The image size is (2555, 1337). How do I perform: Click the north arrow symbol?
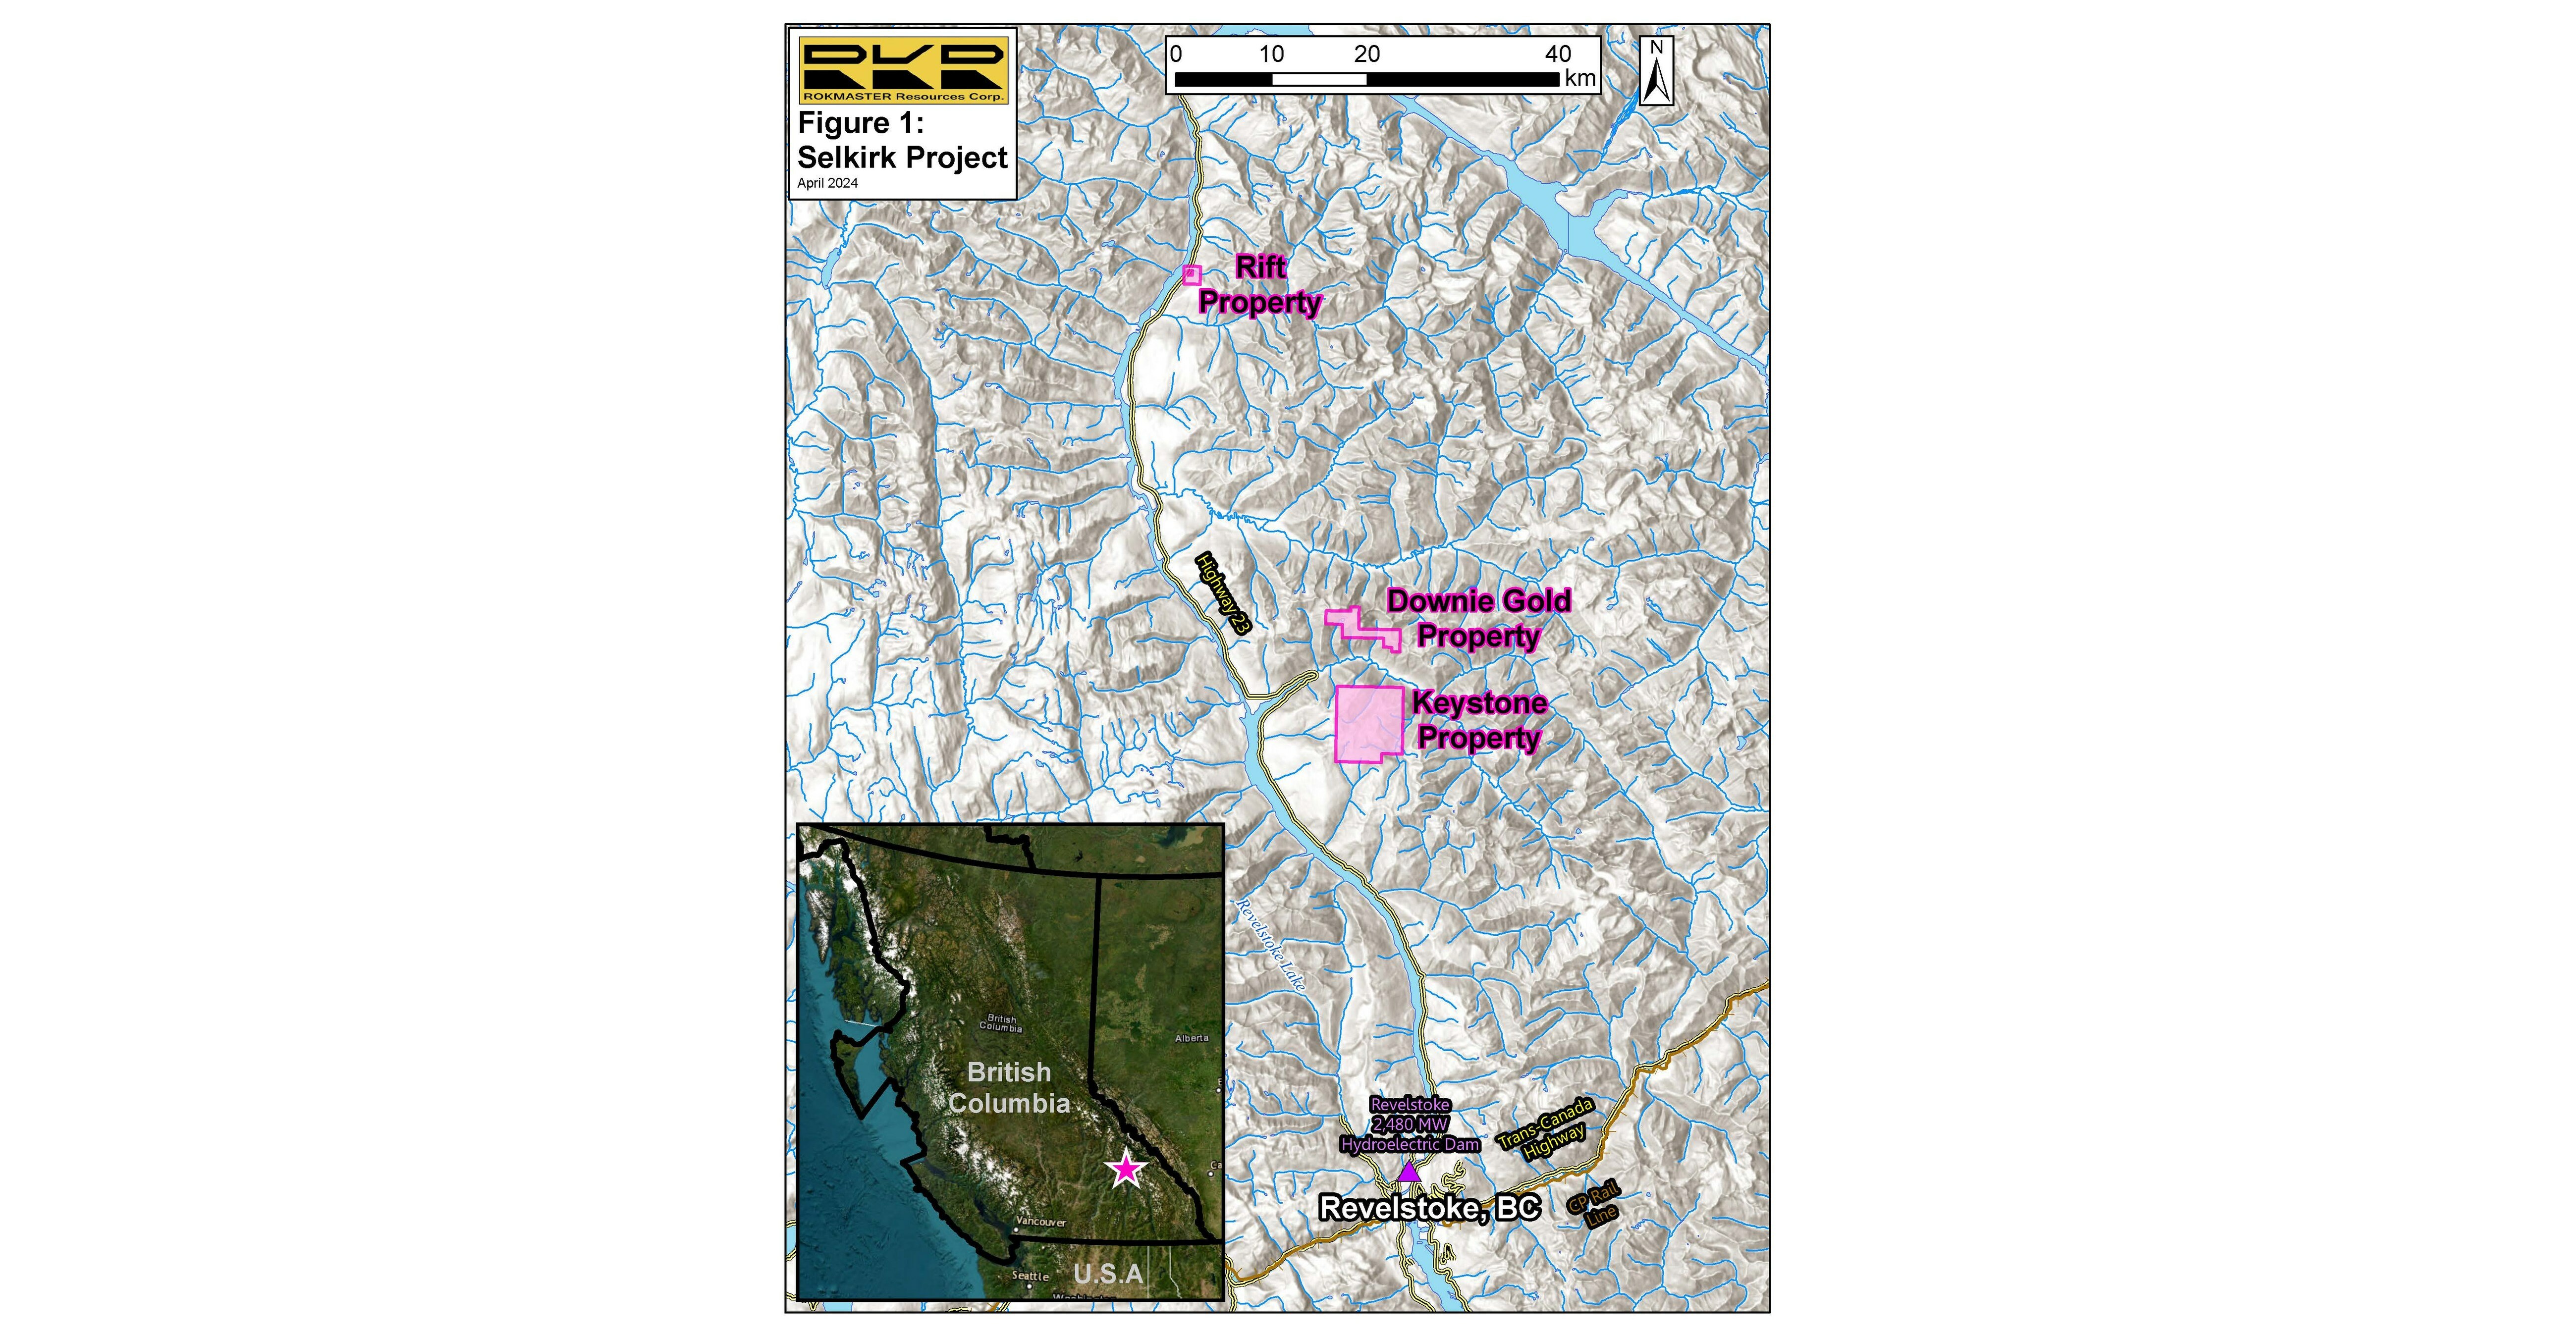click(x=1656, y=71)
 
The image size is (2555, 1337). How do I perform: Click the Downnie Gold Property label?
click(x=1478, y=618)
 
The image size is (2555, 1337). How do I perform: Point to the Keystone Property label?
click(x=1479, y=720)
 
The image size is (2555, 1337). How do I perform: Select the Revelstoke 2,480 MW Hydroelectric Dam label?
click(x=1410, y=1125)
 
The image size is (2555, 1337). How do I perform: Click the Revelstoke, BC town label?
click(x=1429, y=1208)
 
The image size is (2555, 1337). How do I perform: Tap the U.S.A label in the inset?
click(x=1108, y=1273)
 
